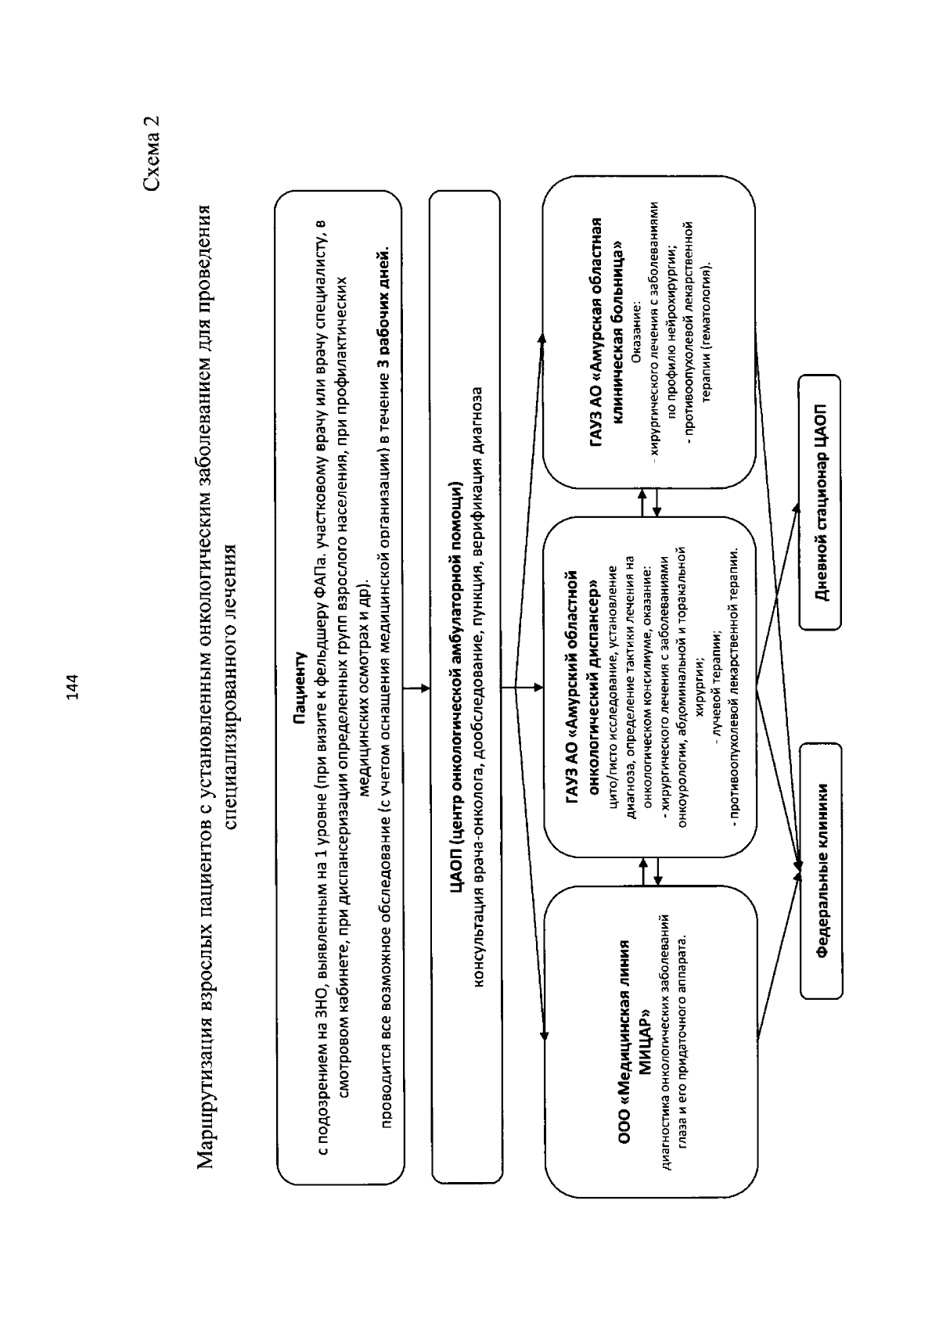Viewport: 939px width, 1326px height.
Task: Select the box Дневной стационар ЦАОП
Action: (820, 502)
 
